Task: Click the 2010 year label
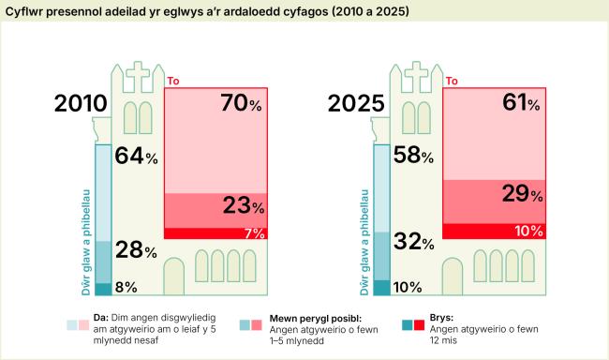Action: click(x=80, y=104)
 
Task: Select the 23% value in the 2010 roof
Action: click(x=241, y=205)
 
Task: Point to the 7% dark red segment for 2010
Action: click(x=215, y=232)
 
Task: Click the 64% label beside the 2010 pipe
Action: click(x=136, y=157)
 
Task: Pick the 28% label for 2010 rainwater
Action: click(x=136, y=249)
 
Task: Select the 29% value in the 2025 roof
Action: click(x=520, y=194)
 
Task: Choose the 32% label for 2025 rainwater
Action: click(x=413, y=243)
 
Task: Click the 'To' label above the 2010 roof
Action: click(x=171, y=82)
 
